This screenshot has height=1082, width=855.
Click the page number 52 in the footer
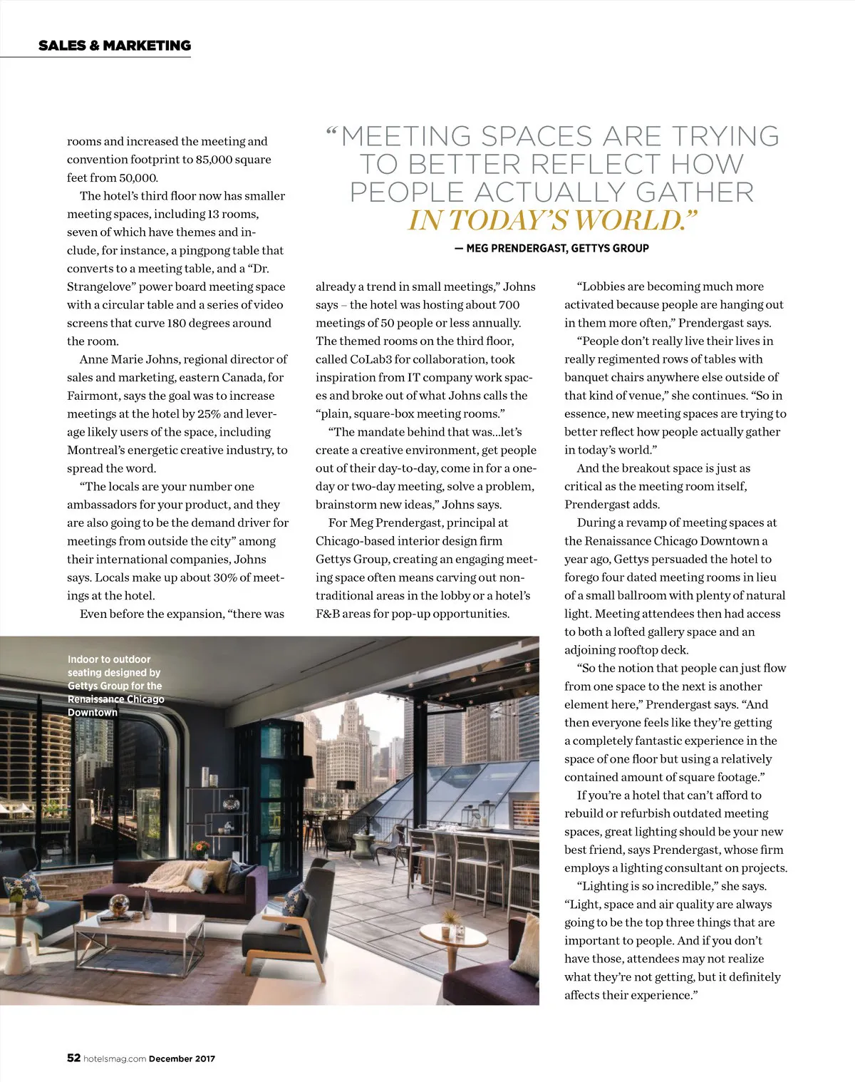point(73,1058)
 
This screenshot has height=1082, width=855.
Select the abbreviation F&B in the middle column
point(328,614)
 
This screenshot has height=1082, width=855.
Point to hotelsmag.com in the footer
point(115,1058)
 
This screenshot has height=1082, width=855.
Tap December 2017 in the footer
point(182,1058)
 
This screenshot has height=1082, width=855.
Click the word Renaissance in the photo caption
point(96,699)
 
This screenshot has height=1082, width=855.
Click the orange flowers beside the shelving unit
point(201,847)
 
